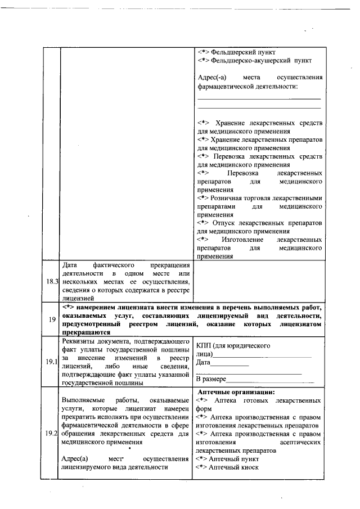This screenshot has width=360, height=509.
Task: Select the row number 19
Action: click(x=52, y=319)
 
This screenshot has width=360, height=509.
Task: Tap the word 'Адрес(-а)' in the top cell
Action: click(x=213, y=78)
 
